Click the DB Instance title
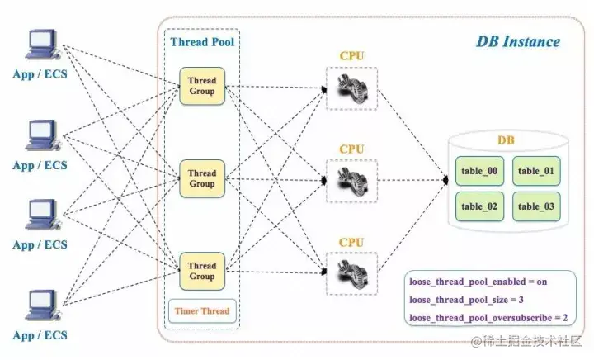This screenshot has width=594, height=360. click(x=517, y=41)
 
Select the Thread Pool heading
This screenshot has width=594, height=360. click(x=200, y=42)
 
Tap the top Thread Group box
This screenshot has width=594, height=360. click(x=201, y=87)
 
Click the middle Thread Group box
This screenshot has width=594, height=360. click(x=201, y=178)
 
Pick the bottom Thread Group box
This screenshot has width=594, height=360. click(x=201, y=271)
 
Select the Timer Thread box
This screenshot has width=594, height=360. click(x=201, y=311)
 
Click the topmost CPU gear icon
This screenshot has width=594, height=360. click(x=351, y=87)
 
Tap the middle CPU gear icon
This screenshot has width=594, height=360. click(x=351, y=178)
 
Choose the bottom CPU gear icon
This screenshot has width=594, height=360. click(x=351, y=270)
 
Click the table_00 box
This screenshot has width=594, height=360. click(x=479, y=171)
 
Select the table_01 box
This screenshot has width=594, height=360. click(x=536, y=171)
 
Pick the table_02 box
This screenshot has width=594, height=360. click(x=479, y=206)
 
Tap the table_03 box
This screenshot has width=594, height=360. click(x=536, y=206)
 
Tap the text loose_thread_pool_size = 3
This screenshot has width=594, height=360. click(x=467, y=300)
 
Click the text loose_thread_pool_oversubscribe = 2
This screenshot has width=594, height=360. click(x=493, y=318)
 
